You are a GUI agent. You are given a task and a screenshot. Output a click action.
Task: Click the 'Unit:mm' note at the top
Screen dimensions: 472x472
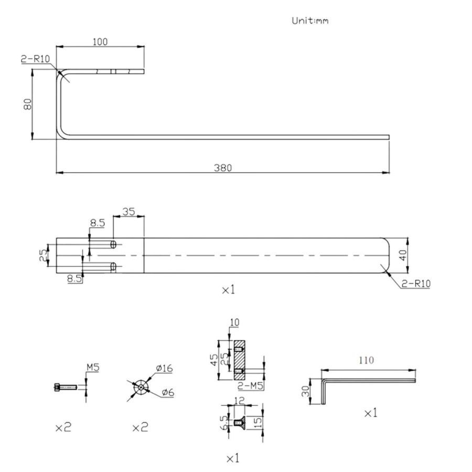point(310,21)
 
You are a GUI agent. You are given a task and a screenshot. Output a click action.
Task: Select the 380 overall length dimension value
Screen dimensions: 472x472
point(223,168)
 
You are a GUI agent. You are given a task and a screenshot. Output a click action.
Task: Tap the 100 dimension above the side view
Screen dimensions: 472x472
point(100,41)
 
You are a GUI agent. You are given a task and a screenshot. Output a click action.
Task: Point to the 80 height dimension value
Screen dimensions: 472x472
point(27,104)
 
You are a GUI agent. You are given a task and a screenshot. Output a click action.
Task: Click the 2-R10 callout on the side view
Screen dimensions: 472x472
point(35,59)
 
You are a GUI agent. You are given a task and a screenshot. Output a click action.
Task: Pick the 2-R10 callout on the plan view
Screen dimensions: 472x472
point(416,283)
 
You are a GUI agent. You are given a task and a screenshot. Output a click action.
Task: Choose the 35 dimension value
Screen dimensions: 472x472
point(128,212)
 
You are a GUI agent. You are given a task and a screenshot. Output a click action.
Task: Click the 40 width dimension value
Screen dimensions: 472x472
point(403,255)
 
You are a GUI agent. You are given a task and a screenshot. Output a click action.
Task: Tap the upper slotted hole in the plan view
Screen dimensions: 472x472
point(113,244)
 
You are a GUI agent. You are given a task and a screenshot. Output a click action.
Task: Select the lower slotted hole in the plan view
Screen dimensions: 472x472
point(113,266)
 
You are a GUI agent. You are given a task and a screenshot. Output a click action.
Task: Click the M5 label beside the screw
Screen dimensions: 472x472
point(93,367)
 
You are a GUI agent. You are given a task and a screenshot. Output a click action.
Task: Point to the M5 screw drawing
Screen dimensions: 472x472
point(66,387)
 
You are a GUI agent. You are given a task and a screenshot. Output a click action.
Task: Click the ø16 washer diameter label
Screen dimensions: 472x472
point(164,368)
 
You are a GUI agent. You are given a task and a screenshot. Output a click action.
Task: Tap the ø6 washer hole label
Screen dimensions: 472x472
point(168,392)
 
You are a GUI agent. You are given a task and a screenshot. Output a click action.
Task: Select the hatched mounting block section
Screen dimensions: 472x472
point(239,360)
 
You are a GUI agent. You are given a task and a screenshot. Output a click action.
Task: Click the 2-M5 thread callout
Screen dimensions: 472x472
point(251,385)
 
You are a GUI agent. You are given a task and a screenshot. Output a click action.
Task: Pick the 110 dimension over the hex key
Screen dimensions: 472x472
point(366,360)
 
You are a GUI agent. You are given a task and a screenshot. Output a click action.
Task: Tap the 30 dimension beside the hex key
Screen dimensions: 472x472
point(305,391)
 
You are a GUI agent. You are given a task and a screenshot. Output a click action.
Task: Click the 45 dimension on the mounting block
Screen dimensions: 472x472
point(213,360)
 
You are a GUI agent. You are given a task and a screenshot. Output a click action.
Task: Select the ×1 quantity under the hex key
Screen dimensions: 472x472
point(371,413)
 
